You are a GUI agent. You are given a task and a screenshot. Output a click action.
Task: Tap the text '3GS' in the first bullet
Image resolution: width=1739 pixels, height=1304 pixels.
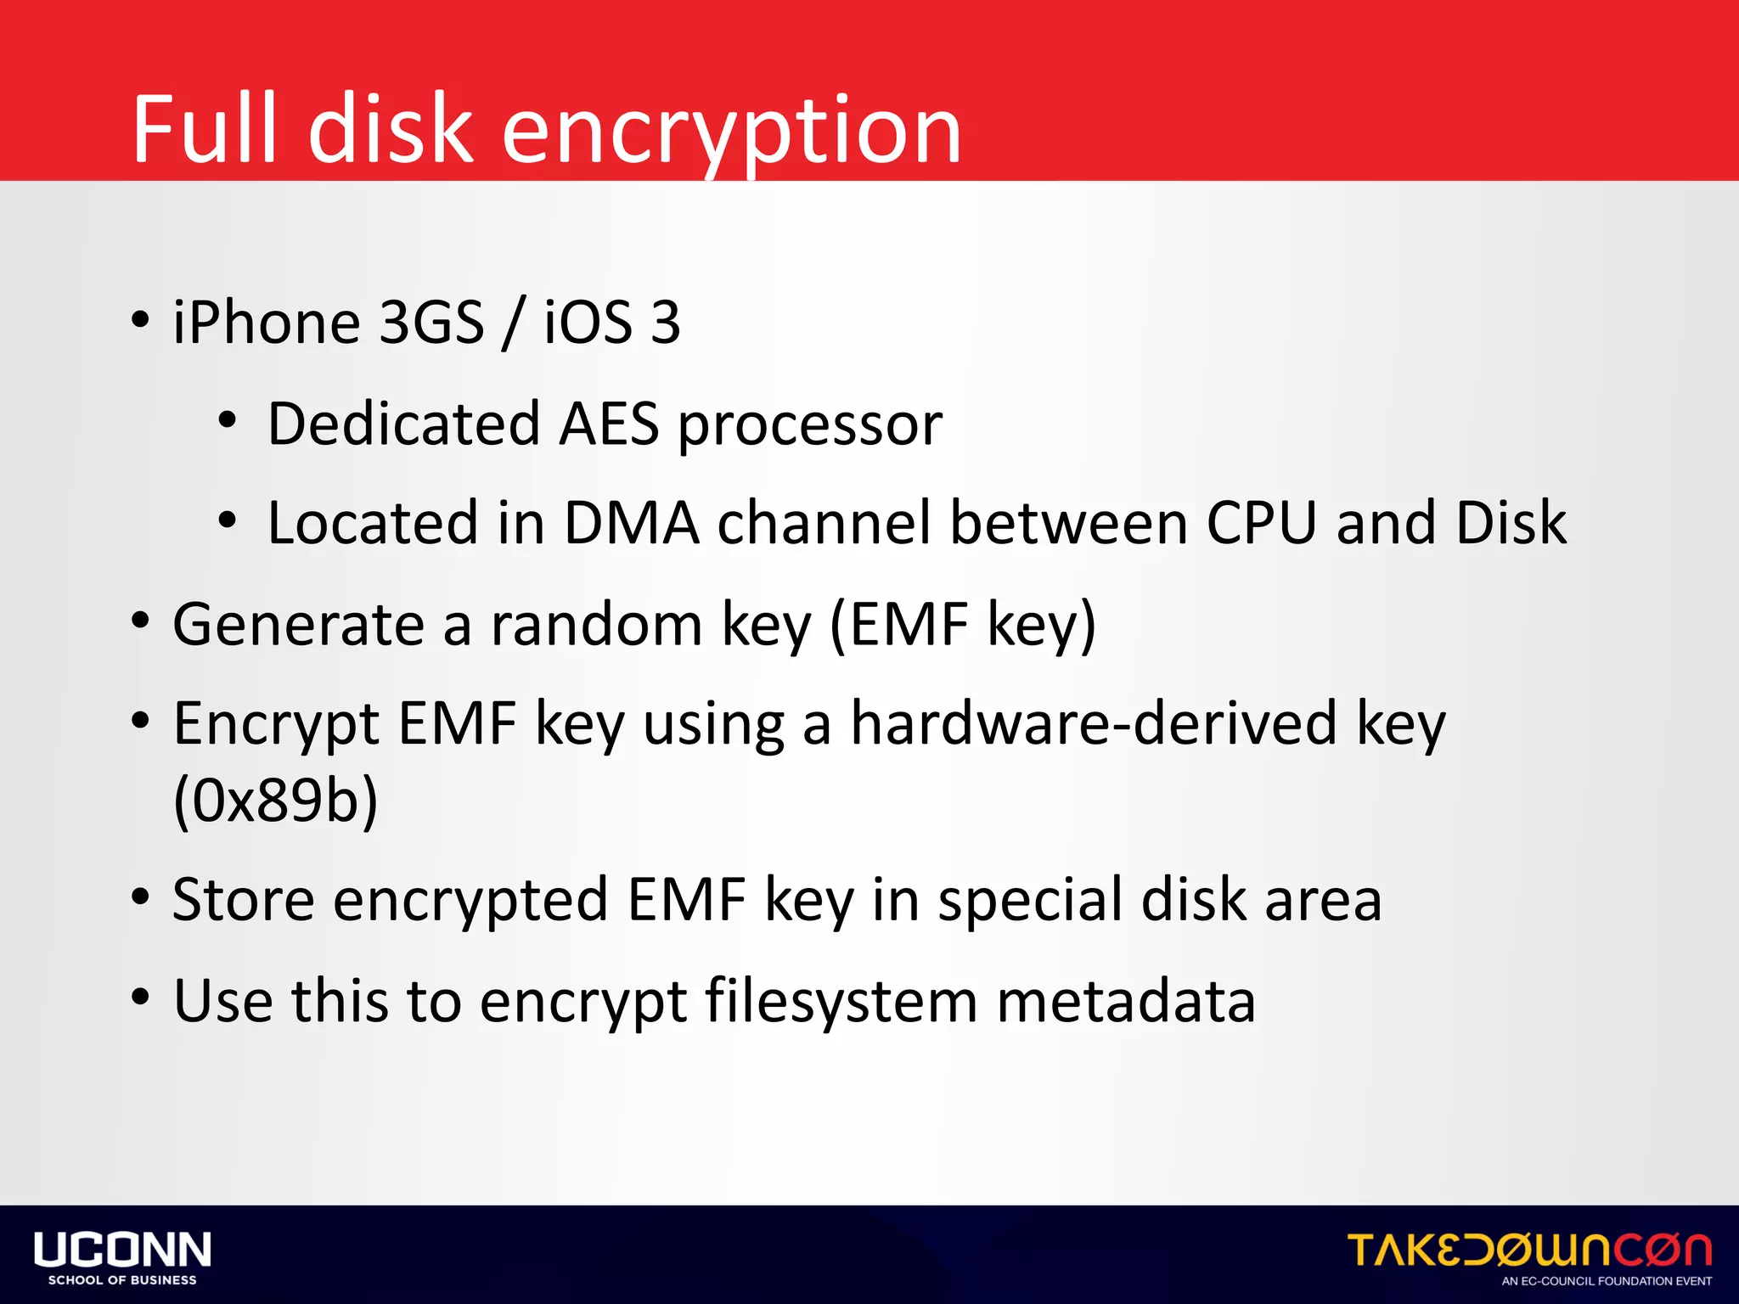point(431,323)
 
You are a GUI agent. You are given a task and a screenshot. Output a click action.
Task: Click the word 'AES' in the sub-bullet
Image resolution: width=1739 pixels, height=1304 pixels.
point(609,424)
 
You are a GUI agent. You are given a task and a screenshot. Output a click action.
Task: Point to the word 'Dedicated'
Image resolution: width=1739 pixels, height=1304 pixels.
point(403,424)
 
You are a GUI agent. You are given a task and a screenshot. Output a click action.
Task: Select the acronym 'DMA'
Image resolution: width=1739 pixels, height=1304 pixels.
point(631,522)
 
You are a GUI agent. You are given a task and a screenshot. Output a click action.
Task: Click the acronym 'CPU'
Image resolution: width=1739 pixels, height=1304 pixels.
point(1262,522)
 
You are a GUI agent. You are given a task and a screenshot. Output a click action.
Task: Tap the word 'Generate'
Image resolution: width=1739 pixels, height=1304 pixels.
point(298,625)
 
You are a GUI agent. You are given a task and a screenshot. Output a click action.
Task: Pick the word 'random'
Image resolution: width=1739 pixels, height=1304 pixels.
point(596,625)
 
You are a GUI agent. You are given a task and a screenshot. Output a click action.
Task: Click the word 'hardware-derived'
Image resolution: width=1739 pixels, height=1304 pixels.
point(1094,724)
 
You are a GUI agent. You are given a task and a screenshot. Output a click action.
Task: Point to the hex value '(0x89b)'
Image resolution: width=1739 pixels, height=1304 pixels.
point(275,801)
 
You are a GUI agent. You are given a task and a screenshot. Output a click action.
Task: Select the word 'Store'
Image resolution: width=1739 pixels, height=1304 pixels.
point(243,900)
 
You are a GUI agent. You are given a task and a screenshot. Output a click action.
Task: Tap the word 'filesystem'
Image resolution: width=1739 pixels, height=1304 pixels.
point(841,1001)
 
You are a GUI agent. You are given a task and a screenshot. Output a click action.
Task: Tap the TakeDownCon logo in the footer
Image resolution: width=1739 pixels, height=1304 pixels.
point(1529,1251)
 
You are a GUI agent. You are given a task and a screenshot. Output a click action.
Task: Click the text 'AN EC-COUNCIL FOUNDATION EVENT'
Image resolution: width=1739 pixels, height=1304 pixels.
point(1607,1281)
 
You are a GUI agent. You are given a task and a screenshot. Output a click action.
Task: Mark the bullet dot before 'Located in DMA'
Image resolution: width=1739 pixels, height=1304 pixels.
point(227,520)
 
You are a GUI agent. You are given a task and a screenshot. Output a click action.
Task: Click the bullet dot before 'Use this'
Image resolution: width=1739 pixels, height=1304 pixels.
point(141,997)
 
